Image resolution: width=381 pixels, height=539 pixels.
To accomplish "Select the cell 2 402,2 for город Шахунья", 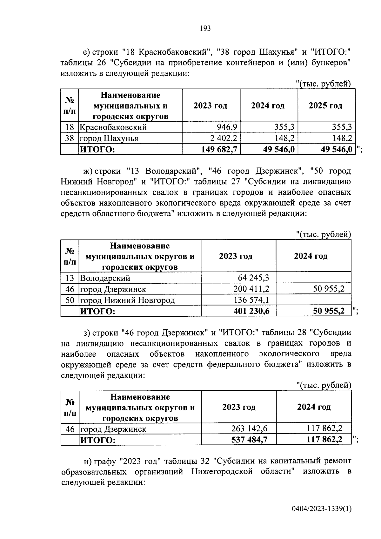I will (x=222, y=138).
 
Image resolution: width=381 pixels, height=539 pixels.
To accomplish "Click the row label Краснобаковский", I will (x=113, y=127).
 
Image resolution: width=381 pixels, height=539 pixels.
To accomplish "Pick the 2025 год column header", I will (x=325, y=106).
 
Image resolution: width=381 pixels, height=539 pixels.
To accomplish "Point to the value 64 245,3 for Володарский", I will (x=253, y=278).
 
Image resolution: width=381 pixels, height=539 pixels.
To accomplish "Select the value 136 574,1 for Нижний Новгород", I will (x=251, y=300).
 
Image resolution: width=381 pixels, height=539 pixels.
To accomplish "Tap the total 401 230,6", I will (x=251, y=311).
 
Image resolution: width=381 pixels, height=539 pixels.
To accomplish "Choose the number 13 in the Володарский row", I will (x=70, y=278).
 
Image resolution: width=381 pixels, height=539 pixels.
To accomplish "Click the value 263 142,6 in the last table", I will (x=250, y=429).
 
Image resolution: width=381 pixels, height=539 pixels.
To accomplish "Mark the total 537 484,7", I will (x=249, y=440).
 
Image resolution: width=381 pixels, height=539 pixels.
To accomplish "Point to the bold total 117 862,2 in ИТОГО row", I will (x=324, y=440).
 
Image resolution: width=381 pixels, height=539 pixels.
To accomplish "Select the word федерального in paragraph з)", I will (x=233, y=364).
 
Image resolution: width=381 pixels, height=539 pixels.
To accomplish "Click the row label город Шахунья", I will (x=109, y=138).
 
